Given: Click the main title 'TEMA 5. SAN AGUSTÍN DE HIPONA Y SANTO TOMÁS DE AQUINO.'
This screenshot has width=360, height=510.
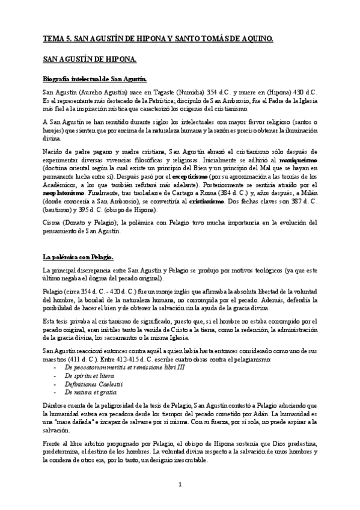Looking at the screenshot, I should [x=158, y=39].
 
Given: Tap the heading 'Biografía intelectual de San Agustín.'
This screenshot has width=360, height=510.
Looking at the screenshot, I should [x=94, y=79].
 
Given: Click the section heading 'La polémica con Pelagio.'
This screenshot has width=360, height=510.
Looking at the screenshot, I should [x=79, y=257].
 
